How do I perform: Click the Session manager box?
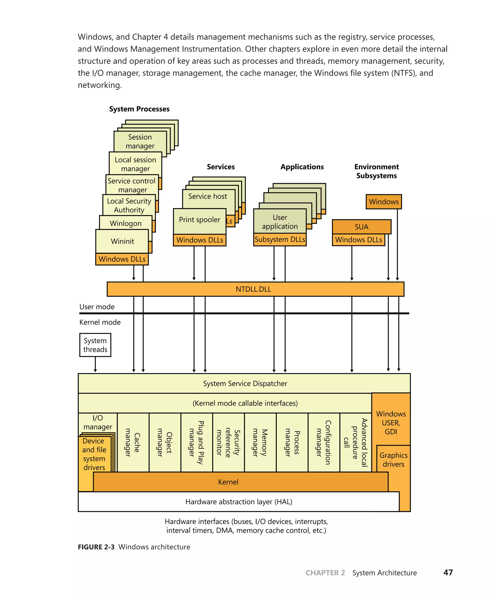(140, 141)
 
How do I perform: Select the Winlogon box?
(126, 223)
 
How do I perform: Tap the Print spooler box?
(200, 220)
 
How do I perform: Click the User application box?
(280, 222)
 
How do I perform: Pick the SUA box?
(361, 227)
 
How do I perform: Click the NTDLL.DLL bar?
(253, 289)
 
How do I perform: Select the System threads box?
(95, 345)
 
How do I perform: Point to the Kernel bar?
(228, 482)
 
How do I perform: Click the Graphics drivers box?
(393, 460)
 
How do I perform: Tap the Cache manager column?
(133, 443)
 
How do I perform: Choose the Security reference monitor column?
(228, 443)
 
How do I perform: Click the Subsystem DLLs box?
(280, 240)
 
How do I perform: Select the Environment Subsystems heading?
(376, 171)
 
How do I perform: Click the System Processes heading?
(139, 109)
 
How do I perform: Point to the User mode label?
(97, 307)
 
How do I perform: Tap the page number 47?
(448, 573)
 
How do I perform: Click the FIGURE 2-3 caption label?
(96, 547)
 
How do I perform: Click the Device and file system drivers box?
(94, 454)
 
